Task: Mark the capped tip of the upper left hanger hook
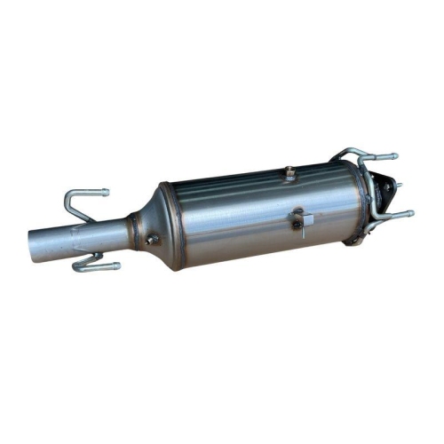(x=104, y=192)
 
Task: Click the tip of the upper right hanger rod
(x=393, y=157)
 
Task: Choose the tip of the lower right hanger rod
(x=410, y=213)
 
